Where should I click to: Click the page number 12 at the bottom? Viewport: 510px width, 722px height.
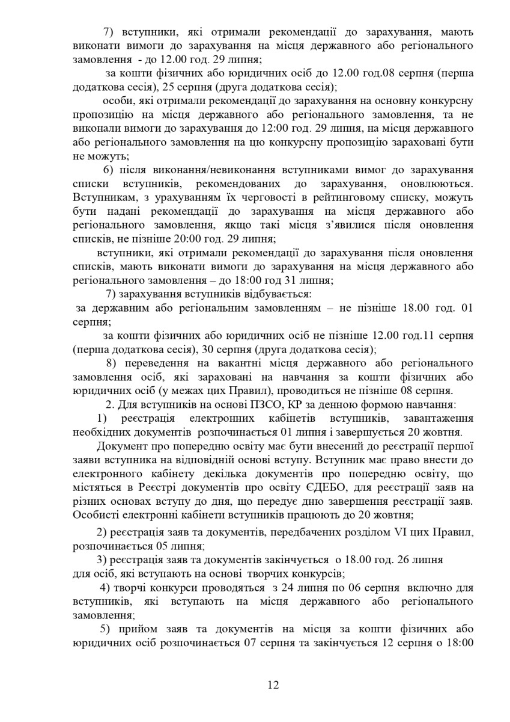pos(273,685)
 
